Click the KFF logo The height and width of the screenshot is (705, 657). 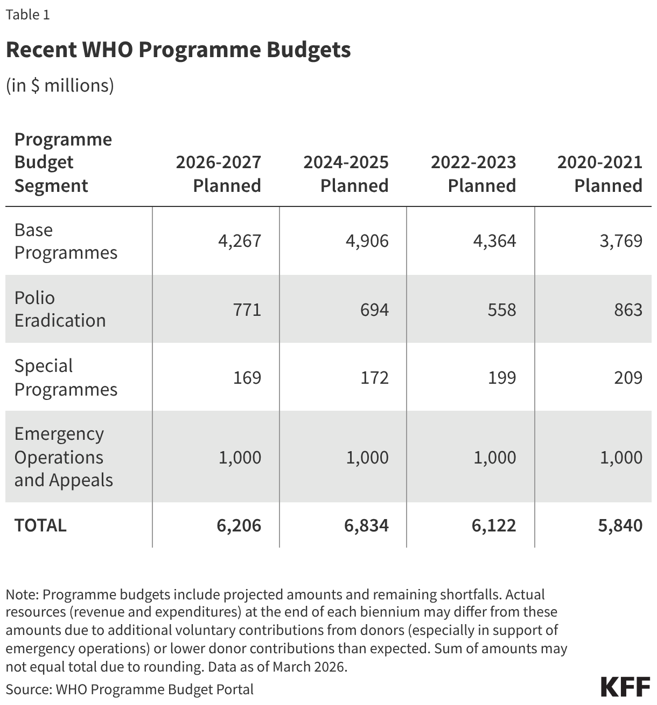click(x=625, y=687)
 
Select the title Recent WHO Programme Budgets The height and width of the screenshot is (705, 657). click(x=178, y=50)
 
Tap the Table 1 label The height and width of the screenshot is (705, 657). click(x=27, y=15)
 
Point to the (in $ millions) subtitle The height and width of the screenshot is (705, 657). click(x=60, y=85)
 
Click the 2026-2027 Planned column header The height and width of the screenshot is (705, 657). click(x=219, y=174)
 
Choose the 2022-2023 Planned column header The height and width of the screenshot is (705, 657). click(x=473, y=174)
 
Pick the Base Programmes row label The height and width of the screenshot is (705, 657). click(x=66, y=241)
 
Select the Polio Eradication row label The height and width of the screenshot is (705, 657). click(x=60, y=309)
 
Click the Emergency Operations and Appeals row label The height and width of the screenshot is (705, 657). click(x=64, y=457)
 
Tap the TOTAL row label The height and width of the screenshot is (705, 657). click(x=40, y=525)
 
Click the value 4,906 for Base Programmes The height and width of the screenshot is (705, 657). click(x=367, y=240)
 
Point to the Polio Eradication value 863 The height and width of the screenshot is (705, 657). click(x=628, y=309)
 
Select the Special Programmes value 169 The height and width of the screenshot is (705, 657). click(x=247, y=377)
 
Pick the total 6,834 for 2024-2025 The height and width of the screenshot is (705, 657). click(x=367, y=525)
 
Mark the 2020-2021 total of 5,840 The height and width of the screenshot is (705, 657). click(x=620, y=525)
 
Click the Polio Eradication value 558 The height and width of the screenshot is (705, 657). click(x=501, y=309)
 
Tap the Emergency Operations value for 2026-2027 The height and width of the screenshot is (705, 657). click(x=240, y=457)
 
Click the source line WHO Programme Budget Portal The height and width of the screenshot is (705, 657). click(x=129, y=689)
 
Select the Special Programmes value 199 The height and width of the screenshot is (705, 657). click(x=502, y=377)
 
